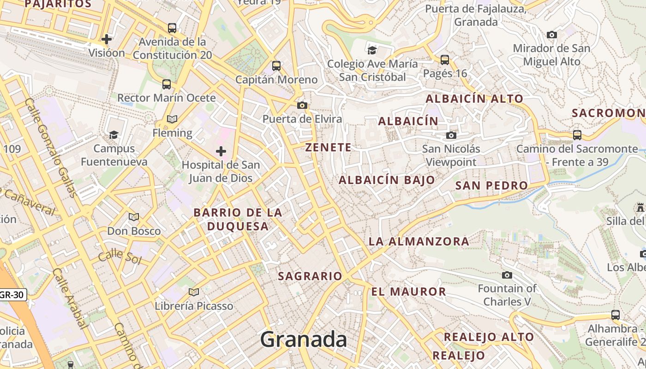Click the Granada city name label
pos(303,340)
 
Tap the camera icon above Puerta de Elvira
pos(302,106)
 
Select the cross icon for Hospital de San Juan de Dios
pos(221,151)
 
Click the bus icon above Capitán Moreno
pos(276,66)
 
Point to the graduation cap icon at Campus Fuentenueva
pos(114,135)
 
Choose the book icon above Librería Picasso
pos(194,292)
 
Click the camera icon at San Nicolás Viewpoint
pos(451,135)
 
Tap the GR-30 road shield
pos(12,294)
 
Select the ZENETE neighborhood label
pos(328,148)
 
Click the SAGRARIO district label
pos(310,276)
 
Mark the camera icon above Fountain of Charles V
pos(507,275)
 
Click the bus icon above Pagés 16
pos(445,60)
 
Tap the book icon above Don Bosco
pos(134,217)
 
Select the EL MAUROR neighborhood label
pos(409,292)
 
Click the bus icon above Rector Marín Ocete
pos(167,84)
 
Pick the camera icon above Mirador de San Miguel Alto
pos(551,35)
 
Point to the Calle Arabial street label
pos(70,298)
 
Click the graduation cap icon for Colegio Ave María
pos(372,50)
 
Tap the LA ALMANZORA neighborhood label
pos(419,241)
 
